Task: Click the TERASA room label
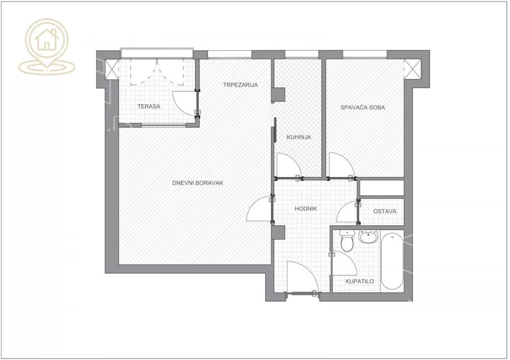pos(149,106)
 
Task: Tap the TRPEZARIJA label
pos(240,85)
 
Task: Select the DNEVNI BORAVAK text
pos(198,183)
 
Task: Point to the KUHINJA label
pos(298,137)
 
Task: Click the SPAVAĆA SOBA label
pos(363,107)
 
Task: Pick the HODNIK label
pos(306,209)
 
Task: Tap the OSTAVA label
pos(385,211)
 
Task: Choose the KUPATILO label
pos(360,281)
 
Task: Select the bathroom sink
pos(368,236)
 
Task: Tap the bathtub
pos(392,261)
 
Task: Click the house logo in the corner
pos(47,47)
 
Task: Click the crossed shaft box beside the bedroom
pos(412,69)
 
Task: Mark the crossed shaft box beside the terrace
pos(112,69)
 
